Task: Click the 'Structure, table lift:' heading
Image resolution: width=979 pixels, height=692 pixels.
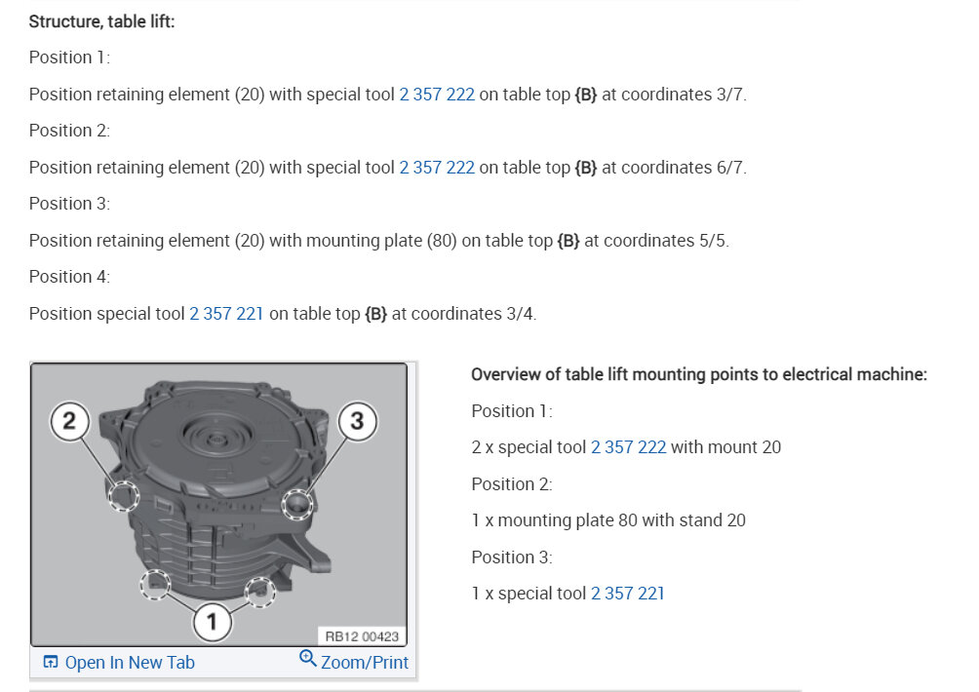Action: coord(101,21)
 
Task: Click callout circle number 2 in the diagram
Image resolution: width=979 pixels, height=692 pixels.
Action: coord(69,421)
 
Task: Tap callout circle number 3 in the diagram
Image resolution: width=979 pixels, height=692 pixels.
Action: coord(357,421)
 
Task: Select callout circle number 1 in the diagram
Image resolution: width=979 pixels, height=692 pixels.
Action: coord(213,622)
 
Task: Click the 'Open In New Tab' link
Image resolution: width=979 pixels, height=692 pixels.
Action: coord(130,662)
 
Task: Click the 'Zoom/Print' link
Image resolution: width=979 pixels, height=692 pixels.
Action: coord(365,662)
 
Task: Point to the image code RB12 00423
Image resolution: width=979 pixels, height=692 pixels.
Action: coord(362,636)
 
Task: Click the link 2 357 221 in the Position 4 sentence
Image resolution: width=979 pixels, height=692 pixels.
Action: coord(226,313)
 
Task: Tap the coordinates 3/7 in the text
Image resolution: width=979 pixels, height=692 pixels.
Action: coord(730,95)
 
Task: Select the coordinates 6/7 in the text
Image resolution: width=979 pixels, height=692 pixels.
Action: coord(730,168)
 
